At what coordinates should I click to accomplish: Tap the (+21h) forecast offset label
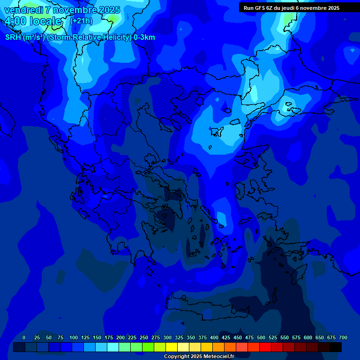81,21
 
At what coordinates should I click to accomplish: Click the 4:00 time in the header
16,21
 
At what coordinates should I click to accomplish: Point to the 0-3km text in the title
144,37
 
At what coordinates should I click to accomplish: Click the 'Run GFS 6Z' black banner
299,7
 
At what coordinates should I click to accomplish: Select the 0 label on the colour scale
24,337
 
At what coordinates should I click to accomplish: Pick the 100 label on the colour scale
73,337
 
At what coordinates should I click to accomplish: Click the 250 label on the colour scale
143,337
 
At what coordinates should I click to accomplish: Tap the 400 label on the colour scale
214,337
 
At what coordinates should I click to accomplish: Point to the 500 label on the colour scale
261,337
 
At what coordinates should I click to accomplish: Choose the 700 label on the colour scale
343,337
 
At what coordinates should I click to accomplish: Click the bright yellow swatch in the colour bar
172,347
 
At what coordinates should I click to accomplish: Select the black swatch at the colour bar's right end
336,347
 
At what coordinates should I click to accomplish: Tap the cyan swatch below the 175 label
113,347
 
